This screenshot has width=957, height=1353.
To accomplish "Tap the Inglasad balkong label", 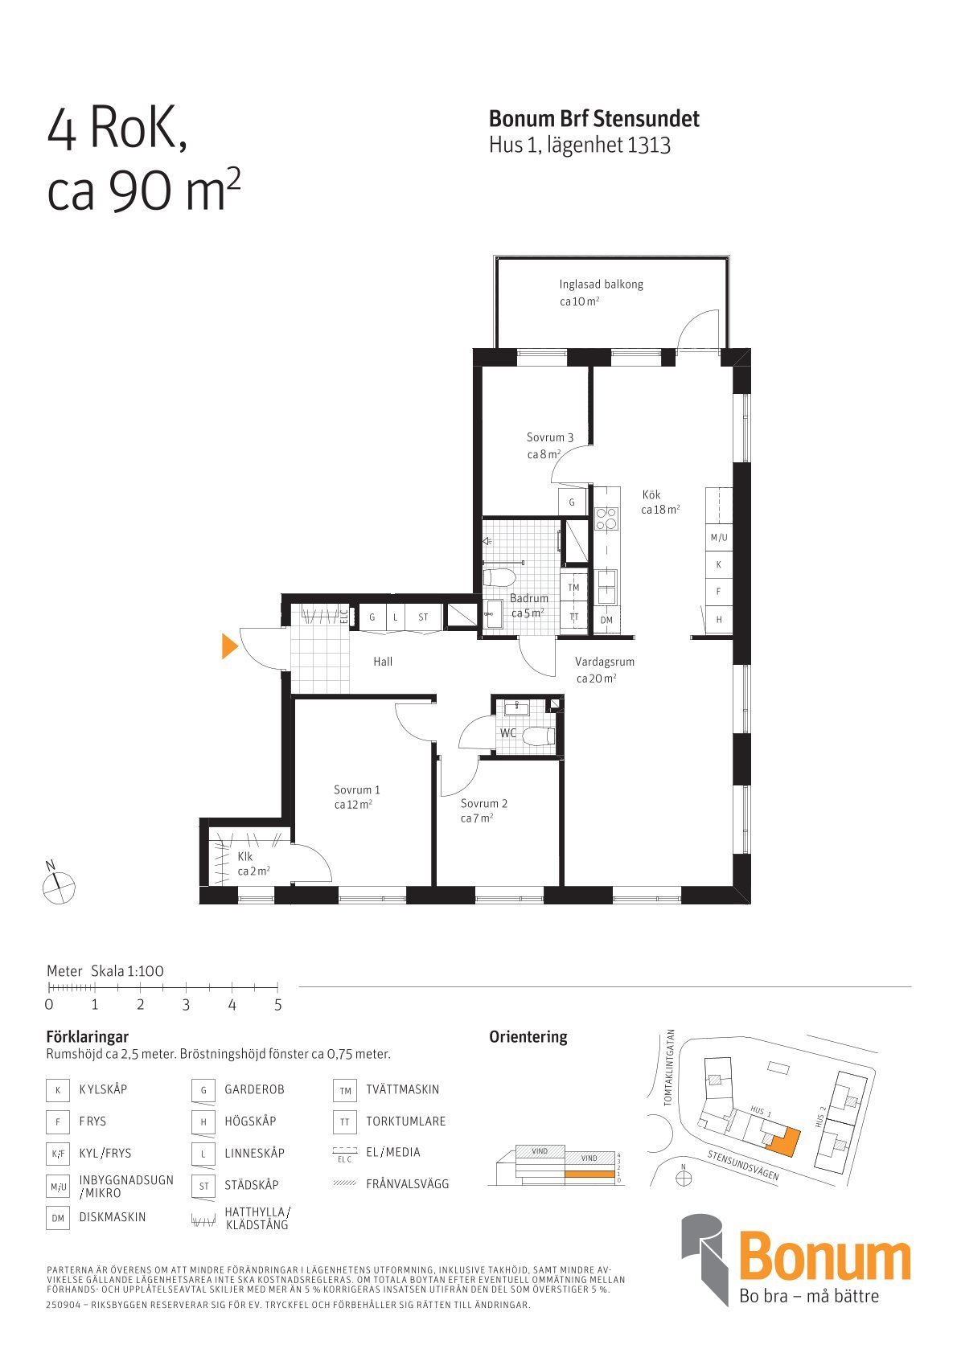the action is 601,285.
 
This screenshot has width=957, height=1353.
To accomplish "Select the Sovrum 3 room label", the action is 550,437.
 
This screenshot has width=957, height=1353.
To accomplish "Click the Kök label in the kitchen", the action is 651,494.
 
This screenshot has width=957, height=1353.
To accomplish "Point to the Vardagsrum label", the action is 604,662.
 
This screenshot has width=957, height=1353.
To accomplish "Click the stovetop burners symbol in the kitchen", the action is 606,518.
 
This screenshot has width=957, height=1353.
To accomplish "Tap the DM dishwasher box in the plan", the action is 606,620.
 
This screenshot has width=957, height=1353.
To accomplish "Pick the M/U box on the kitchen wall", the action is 719,537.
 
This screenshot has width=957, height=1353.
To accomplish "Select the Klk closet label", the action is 244,856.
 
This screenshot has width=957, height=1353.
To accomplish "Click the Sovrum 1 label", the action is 356,789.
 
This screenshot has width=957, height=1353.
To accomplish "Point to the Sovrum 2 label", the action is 483,803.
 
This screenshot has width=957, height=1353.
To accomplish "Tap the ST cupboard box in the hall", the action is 423,617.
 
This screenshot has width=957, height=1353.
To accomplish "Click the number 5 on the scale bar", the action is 278,1004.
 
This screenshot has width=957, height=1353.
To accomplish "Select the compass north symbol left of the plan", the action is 59,888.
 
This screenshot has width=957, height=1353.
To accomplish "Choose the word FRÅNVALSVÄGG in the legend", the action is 407,1184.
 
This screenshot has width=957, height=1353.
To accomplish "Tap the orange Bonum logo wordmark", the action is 824,1259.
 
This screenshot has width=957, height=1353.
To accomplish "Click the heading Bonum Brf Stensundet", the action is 594,119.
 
